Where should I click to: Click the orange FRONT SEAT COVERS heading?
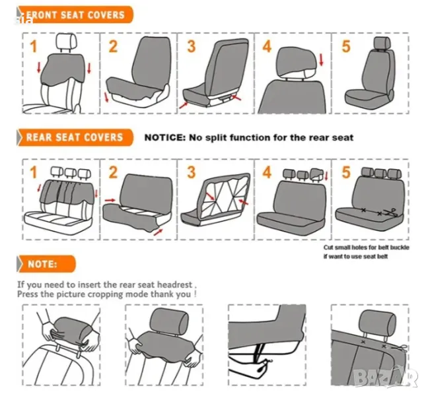[x=75, y=15]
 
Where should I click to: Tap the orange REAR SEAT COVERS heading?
[x=75, y=137]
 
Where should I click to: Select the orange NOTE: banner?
[x=46, y=264]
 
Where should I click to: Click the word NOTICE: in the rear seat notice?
[x=164, y=137]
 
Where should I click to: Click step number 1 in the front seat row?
[x=34, y=46]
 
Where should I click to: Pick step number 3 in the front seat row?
[x=192, y=46]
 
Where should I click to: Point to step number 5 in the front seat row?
[x=346, y=46]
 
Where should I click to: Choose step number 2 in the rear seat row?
[x=113, y=172]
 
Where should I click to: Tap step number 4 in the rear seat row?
[x=267, y=172]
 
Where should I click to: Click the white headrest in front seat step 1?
[x=66, y=42]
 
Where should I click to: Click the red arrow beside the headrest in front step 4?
[x=322, y=59]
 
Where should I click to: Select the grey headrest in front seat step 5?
[x=382, y=44]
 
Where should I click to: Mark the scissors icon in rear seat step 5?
[x=392, y=213]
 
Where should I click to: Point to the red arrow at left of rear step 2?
[x=110, y=200]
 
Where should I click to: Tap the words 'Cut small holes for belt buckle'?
[x=367, y=247]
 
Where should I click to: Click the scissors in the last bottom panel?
[x=400, y=347]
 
